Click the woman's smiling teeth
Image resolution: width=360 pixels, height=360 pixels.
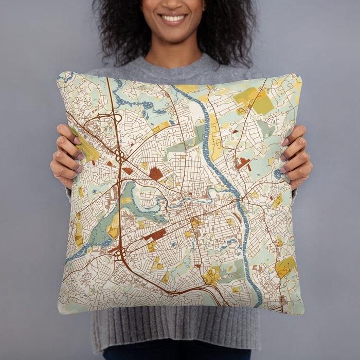pos(173,18)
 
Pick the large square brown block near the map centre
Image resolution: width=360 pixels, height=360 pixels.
pos(156,173)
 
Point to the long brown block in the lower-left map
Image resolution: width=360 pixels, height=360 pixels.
pos(155,235)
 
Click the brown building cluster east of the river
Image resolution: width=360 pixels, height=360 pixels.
pos(243,164)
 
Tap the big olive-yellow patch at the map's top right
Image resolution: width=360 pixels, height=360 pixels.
pos(255,100)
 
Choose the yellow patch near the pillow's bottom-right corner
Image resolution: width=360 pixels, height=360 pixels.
pos(284,267)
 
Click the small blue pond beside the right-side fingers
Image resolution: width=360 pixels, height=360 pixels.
pos(278,174)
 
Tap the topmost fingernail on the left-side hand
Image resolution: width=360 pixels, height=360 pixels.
pos(77,140)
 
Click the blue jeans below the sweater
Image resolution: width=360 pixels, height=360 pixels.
pos(175,354)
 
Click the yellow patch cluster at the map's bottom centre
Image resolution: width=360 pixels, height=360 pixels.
pos(211,276)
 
